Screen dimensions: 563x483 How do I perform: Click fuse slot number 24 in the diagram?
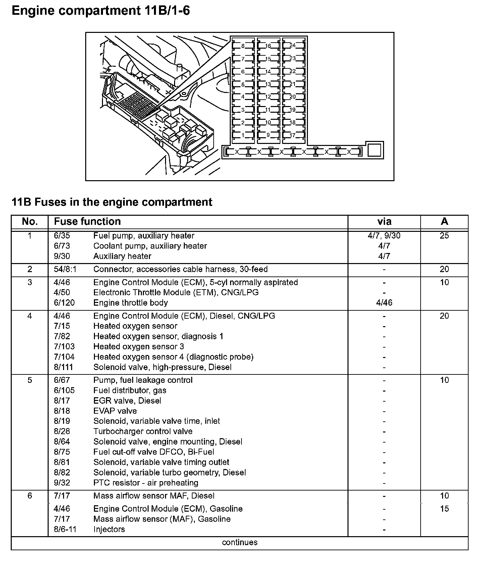pos(292,46)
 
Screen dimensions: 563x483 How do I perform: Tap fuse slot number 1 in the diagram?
pos(243,136)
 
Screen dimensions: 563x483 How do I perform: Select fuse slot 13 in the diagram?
pos(268,84)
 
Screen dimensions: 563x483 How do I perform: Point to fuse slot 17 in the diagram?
pos(292,136)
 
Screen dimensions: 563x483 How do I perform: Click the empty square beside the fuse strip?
pos(374,150)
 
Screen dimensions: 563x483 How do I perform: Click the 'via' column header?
pos(384,221)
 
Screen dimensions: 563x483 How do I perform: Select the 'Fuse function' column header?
pos(87,221)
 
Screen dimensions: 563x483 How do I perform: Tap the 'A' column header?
pos(444,221)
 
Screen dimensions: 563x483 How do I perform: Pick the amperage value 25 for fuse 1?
pos(444,236)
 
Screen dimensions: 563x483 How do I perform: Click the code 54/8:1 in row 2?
pos(64,269)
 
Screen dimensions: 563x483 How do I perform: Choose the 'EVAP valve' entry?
pos(115,411)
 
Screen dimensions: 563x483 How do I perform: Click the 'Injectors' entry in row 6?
pos(109,529)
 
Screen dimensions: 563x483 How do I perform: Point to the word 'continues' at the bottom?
pos(239,543)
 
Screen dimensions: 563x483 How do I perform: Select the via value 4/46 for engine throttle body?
pos(384,303)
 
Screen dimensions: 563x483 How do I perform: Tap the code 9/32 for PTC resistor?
pos(62,483)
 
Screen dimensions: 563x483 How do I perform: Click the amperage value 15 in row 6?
pos(444,509)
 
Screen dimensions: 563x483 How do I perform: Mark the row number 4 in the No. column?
pos(30,316)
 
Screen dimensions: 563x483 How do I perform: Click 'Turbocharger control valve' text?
pos(143,431)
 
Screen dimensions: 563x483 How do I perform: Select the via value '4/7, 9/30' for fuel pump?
pos(384,236)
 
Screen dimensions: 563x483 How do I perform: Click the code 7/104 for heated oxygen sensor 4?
pos(64,357)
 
